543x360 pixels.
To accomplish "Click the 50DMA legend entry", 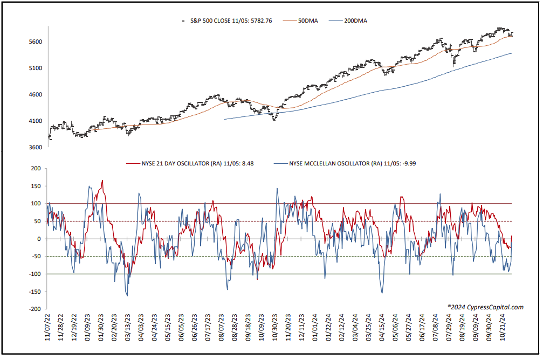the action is (x=300, y=21).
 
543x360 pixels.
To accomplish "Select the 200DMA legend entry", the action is (x=348, y=21).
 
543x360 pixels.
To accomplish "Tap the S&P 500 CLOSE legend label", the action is (x=231, y=21).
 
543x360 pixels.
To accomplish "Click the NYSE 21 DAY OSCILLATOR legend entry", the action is (x=190, y=163).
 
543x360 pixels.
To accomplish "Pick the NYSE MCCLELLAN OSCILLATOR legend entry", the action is (x=345, y=163).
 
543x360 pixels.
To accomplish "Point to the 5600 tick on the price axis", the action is (x=36, y=42).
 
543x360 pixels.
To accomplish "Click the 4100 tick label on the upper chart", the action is (x=36, y=121).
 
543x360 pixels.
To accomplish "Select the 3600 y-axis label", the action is (x=36, y=148).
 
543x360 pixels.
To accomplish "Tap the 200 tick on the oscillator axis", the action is (x=36, y=169).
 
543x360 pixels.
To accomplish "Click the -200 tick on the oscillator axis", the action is (x=35, y=309).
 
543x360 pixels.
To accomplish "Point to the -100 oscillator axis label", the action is (x=35, y=274).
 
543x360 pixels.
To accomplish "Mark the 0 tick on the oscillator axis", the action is (x=39, y=239).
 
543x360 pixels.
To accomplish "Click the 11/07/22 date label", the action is (x=47, y=328).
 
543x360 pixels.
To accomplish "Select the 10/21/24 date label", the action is (x=502, y=328).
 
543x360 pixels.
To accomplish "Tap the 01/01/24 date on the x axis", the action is (x=315, y=328).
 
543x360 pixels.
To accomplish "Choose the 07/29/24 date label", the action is (x=449, y=328).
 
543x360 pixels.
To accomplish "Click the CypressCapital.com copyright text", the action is (x=485, y=307).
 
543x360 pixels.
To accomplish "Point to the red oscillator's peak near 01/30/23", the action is (x=102, y=181).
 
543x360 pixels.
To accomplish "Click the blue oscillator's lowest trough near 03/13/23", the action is (x=127, y=296).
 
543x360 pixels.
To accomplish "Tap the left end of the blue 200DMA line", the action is (x=225, y=120).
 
